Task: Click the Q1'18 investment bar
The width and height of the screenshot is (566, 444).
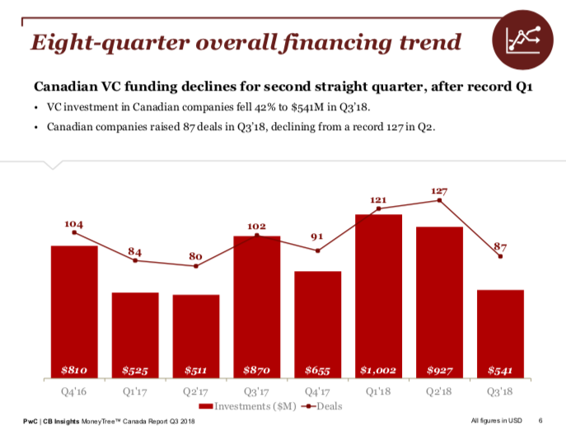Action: (x=378, y=297)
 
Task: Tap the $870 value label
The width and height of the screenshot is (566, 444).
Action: (x=257, y=370)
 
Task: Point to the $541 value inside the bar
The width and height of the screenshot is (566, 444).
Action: (x=500, y=370)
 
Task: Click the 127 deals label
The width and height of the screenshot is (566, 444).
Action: (x=440, y=191)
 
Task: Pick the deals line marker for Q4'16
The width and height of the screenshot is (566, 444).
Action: (x=74, y=232)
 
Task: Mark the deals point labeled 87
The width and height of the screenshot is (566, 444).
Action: (x=500, y=257)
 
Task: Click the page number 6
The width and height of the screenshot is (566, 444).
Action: (x=540, y=423)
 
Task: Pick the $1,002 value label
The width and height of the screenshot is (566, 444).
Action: (x=378, y=370)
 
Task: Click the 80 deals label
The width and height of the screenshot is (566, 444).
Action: (x=196, y=256)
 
